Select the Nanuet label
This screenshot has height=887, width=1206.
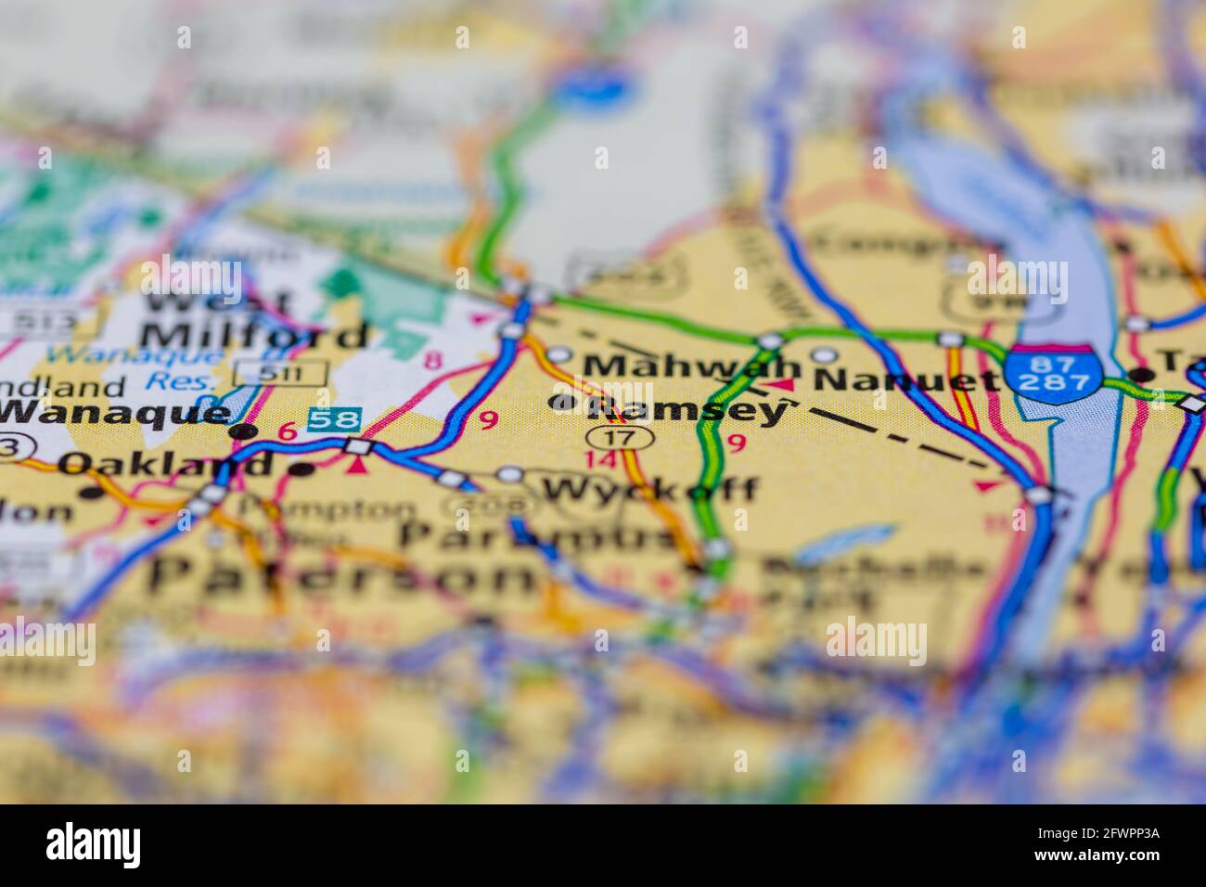906,379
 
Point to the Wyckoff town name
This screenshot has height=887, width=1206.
648,489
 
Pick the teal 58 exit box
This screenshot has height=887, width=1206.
334,419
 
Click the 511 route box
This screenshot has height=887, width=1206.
280,372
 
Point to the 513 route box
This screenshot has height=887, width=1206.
46,321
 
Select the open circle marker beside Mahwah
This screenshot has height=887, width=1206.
559,354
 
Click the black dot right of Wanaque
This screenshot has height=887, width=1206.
244,431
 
